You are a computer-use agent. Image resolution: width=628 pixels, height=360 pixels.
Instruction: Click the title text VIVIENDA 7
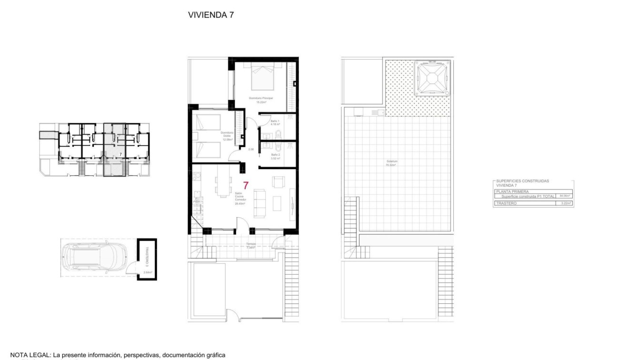(x=211, y=15)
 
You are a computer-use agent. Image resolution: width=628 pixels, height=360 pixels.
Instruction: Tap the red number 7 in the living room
(x=246, y=186)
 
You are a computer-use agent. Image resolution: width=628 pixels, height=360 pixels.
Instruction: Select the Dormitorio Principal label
(x=260, y=98)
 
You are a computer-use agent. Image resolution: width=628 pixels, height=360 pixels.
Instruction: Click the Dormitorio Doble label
(x=227, y=136)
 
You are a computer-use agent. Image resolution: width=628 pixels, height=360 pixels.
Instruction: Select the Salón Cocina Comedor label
(x=240, y=198)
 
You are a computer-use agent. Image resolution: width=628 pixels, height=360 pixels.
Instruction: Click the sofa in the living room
(x=260, y=203)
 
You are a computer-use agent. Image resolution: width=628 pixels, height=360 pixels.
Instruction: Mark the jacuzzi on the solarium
(x=432, y=79)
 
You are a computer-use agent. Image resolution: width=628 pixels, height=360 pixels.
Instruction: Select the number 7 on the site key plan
(x=120, y=154)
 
